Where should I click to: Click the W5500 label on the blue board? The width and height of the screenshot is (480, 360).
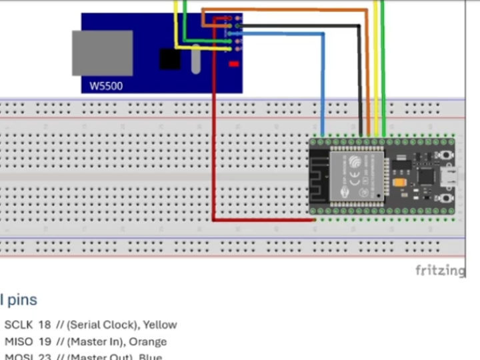(107, 86)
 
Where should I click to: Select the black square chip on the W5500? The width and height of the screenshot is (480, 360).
(170, 59)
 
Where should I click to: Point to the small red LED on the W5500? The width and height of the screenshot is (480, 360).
(233, 64)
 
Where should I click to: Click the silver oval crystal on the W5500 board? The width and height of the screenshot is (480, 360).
(195, 60)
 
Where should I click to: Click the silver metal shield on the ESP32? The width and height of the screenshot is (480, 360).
(357, 175)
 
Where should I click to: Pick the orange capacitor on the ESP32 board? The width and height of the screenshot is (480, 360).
(399, 181)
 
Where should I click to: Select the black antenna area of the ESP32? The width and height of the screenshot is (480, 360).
(319, 176)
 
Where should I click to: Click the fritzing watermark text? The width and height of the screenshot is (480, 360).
(440, 270)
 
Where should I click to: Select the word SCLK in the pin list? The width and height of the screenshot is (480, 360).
(18, 325)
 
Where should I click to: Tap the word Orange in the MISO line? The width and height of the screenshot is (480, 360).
(148, 342)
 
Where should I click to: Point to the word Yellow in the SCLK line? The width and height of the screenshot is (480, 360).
(160, 325)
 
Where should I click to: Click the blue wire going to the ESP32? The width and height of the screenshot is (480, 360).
(323, 87)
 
